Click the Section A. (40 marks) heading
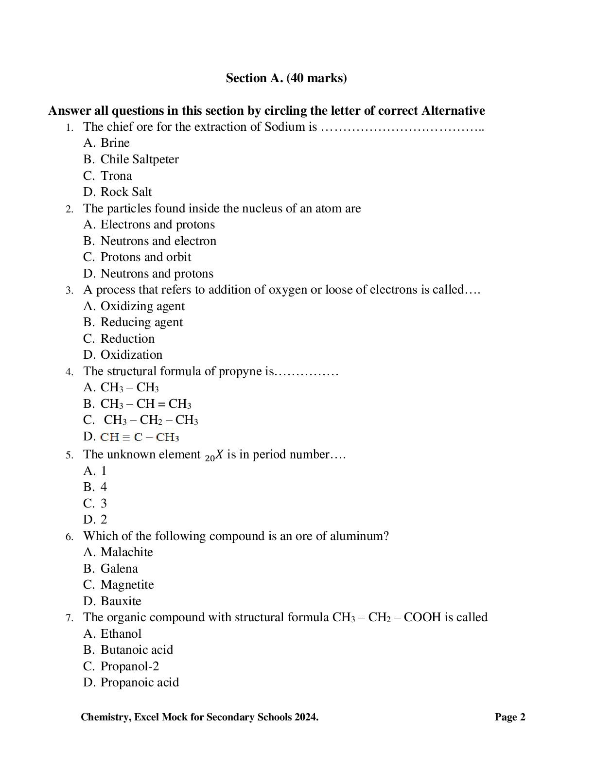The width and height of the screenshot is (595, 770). (286, 78)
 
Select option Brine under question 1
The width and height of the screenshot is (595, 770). (115, 143)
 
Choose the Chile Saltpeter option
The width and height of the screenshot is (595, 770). (139, 159)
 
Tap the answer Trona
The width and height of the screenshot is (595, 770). (116, 176)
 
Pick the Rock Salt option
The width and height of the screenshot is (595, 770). (126, 192)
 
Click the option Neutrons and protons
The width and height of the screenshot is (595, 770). (157, 274)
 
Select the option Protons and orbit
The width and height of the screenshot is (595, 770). (145, 257)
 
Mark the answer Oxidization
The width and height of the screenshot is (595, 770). (131, 355)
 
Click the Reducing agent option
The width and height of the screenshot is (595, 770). (141, 322)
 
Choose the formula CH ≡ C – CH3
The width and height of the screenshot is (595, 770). (140, 437)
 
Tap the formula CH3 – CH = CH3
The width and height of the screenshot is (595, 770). (145, 404)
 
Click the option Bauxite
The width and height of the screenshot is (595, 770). (121, 601)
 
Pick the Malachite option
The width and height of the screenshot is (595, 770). (126, 552)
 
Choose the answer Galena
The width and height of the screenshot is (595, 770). (119, 569)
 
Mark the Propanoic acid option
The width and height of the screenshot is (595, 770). (140, 682)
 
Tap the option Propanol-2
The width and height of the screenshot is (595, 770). (129, 666)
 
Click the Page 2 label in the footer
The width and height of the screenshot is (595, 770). (510, 717)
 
